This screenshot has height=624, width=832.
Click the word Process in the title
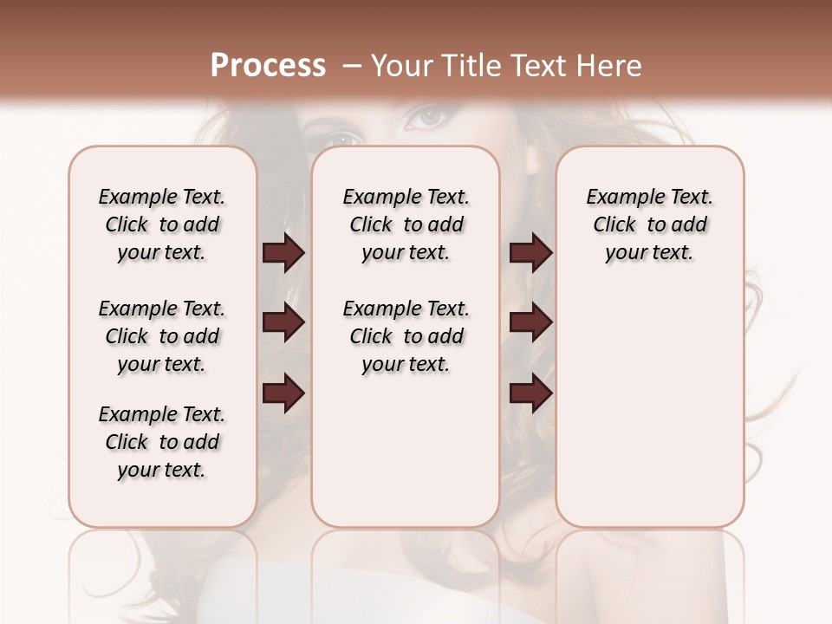(x=268, y=66)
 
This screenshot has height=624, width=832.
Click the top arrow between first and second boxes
(x=283, y=253)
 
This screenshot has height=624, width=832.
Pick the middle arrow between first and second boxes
(x=283, y=323)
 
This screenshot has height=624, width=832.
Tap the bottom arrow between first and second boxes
(x=283, y=393)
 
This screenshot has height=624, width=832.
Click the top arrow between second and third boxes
(x=530, y=253)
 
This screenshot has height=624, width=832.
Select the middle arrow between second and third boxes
(x=530, y=323)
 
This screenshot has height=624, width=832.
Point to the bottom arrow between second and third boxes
(x=530, y=393)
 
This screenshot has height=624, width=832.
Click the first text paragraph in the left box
(x=162, y=224)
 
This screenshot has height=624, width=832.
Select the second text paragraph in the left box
(x=162, y=336)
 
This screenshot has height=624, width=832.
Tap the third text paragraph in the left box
(x=162, y=442)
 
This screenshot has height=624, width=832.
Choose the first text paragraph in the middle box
(x=406, y=224)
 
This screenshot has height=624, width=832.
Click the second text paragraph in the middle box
(x=406, y=336)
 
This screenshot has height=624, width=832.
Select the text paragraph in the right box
(x=649, y=224)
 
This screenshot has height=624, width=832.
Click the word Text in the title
(x=530, y=66)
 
